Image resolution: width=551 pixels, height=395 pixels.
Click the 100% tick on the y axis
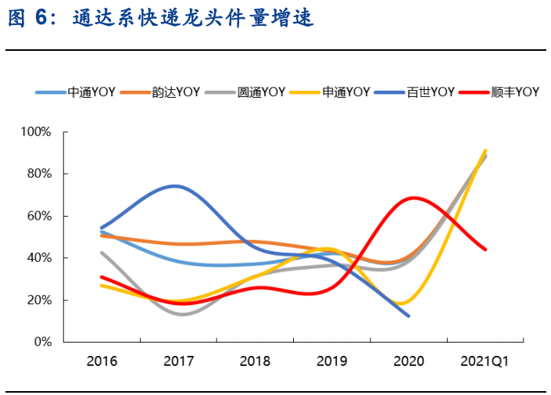point(35,131)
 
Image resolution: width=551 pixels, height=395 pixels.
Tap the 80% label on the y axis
point(38,174)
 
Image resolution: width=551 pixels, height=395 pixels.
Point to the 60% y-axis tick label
point(38,216)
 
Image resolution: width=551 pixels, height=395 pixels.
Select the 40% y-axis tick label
point(38,258)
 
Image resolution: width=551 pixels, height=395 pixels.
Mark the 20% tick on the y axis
point(38,300)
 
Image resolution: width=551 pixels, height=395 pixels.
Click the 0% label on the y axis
point(41,343)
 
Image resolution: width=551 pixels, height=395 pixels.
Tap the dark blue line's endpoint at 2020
point(409,316)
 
